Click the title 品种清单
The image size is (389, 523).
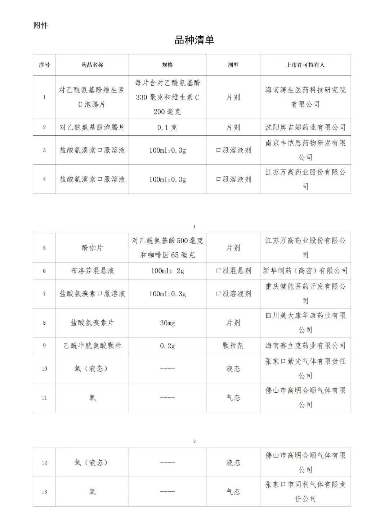point(194,40)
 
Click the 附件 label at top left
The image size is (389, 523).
point(41,26)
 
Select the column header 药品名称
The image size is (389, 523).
point(92,65)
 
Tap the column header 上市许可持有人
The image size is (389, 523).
point(305,65)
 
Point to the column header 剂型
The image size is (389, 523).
point(233,65)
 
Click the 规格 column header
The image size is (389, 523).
point(167,65)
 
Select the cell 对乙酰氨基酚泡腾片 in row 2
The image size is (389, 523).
point(92,127)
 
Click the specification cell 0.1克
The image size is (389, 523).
point(167,127)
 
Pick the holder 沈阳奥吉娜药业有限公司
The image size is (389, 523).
point(305,127)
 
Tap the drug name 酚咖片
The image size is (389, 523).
point(92,248)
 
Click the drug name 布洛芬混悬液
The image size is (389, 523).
point(92,271)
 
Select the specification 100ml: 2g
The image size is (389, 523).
point(167,271)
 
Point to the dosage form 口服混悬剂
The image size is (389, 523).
point(233,271)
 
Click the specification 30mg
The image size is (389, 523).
point(167,323)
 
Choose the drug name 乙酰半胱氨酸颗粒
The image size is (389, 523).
point(92,346)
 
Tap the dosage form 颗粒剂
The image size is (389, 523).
point(233,346)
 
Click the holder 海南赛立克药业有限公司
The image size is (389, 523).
point(305,346)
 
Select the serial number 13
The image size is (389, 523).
point(44,492)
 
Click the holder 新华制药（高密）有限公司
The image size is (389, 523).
point(305,271)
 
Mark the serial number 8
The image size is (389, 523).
point(44,323)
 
